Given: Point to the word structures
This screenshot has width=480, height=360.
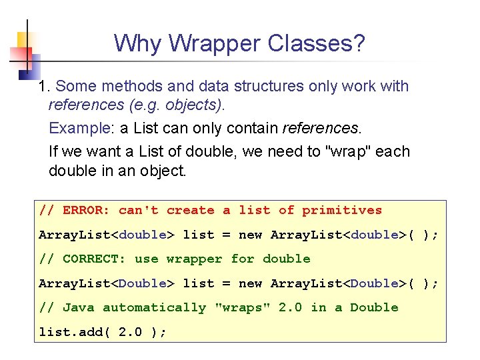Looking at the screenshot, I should pyautogui.click(x=265, y=87).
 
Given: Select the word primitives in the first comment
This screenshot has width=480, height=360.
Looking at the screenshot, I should pyautogui.click(x=342, y=211).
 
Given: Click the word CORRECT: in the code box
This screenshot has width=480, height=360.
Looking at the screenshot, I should pyautogui.click(x=94, y=259).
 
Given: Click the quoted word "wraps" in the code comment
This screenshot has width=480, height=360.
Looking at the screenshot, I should pyautogui.click(x=243, y=308).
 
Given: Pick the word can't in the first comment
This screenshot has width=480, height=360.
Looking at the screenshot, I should pyautogui.click(x=138, y=211).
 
